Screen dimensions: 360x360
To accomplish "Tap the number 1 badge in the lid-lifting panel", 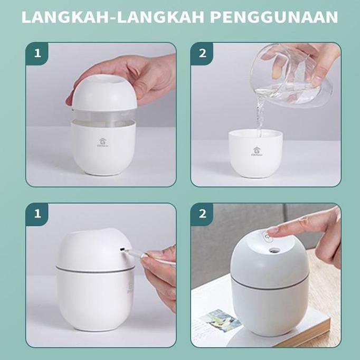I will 37,53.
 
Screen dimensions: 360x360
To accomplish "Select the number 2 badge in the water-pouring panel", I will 202,53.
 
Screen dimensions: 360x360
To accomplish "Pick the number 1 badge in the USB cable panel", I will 37,214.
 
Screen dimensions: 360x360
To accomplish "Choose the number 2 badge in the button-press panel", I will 202,214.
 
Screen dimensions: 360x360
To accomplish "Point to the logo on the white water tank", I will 256,151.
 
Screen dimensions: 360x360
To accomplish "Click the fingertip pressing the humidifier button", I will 270,231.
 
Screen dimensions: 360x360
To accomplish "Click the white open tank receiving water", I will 255,153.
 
